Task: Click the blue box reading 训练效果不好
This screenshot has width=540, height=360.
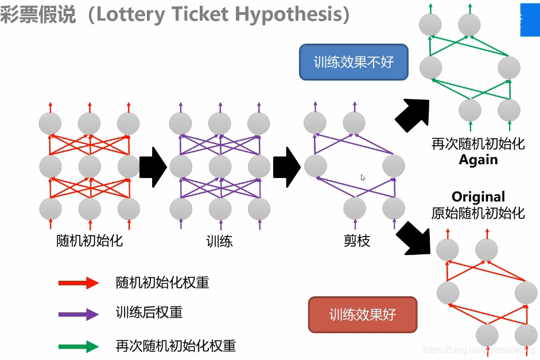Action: (x=353, y=62)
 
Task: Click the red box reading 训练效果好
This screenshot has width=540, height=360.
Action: (x=363, y=314)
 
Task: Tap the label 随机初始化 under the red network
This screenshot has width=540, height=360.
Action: (x=90, y=241)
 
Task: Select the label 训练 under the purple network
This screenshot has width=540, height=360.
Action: (x=220, y=241)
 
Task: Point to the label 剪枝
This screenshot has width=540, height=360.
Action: (x=356, y=241)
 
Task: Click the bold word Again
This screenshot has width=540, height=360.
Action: (x=478, y=160)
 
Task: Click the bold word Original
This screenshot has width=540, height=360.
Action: (x=478, y=197)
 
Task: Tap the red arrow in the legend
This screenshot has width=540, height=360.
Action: (x=79, y=282)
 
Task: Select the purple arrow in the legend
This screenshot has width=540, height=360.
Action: (x=79, y=313)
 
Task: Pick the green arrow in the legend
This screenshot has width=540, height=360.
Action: (x=79, y=346)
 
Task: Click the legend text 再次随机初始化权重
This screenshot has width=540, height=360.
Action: (x=176, y=346)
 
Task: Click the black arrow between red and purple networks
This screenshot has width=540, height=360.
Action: (x=153, y=167)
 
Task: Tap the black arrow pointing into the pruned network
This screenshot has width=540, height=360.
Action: (x=287, y=167)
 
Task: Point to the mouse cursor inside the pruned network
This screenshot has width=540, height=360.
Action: (x=363, y=177)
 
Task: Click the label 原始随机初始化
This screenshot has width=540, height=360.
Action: (x=478, y=213)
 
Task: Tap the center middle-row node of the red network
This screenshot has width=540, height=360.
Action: (x=90, y=167)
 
